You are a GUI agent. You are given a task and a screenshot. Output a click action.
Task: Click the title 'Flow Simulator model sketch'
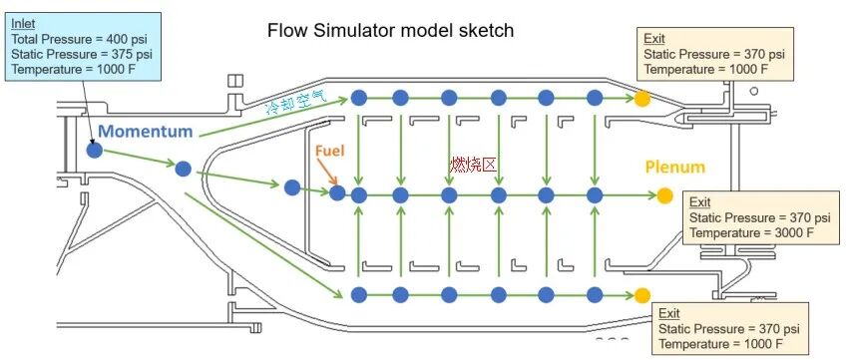click(390, 30)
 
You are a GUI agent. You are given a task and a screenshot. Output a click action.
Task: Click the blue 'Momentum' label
click(146, 133)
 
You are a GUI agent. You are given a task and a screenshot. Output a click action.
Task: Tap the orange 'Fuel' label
click(329, 152)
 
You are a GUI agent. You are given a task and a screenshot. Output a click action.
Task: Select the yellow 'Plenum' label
click(674, 167)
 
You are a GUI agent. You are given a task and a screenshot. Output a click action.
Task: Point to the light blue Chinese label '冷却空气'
click(302, 102)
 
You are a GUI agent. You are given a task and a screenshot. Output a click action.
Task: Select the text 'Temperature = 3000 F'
click(751, 232)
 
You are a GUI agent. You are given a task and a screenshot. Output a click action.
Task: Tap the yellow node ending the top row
click(641, 98)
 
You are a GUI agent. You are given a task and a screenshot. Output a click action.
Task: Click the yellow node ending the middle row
click(665, 194)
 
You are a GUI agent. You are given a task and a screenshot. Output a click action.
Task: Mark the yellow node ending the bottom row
click(641, 294)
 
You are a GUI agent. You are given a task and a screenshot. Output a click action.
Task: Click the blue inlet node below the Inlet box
click(94, 151)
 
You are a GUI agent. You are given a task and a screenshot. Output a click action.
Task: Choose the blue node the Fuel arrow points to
click(338, 192)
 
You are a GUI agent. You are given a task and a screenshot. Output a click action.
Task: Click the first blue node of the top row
click(358, 97)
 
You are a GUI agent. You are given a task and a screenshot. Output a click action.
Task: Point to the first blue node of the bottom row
click(358, 294)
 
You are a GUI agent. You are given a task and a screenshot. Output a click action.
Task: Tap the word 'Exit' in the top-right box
click(655, 38)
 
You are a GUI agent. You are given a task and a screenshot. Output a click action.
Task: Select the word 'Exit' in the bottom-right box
click(670, 312)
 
